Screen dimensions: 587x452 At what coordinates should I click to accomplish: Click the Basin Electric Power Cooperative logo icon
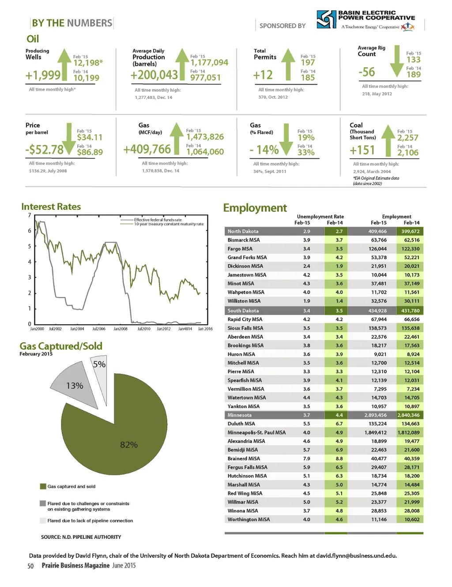(326, 20)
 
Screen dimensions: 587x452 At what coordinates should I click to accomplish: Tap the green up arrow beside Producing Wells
(65, 64)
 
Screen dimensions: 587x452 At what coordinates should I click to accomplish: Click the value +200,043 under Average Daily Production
(154, 75)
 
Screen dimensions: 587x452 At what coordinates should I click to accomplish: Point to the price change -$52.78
(44, 150)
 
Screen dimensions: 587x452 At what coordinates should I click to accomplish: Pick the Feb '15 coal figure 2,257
(407, 138)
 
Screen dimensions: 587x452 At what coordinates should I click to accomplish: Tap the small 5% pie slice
(100, 365)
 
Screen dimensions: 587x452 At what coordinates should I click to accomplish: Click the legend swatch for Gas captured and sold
(43, 486)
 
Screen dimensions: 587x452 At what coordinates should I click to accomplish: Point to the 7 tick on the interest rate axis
(30, 215)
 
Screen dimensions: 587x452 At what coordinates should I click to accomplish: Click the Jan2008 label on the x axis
(120, 329)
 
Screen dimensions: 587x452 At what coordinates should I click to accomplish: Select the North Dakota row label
(243, 231)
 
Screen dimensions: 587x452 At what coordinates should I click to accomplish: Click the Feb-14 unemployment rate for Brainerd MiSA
(339, 458)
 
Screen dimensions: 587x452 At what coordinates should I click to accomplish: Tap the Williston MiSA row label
(244, 301)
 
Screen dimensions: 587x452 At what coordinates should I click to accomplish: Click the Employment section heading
(255, 208)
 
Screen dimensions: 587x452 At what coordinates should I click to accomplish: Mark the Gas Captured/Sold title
(61, 346)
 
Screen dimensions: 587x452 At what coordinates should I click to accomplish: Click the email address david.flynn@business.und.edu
(356, 556)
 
